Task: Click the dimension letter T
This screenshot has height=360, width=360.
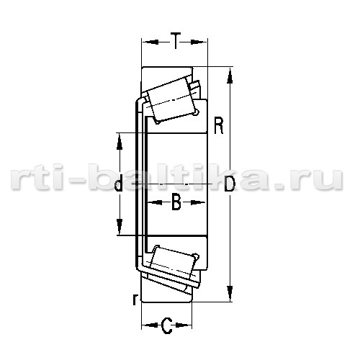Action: pyautogui.click(x=176, y=41)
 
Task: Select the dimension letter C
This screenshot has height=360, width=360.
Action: pyautogui.click(x=166, y=325)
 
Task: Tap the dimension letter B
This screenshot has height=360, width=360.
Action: pyautogui.click(x=176, y=202)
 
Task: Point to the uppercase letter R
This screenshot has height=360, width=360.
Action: pyautogui.click(x=219, y=125)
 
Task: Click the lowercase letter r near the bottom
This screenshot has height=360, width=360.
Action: pyautogui.click(x=135, y=299)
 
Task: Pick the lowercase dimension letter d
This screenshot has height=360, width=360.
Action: pyautogui.click(x=119, y=183)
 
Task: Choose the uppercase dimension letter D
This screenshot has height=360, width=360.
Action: pyautogui.click(x=229, y=184)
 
